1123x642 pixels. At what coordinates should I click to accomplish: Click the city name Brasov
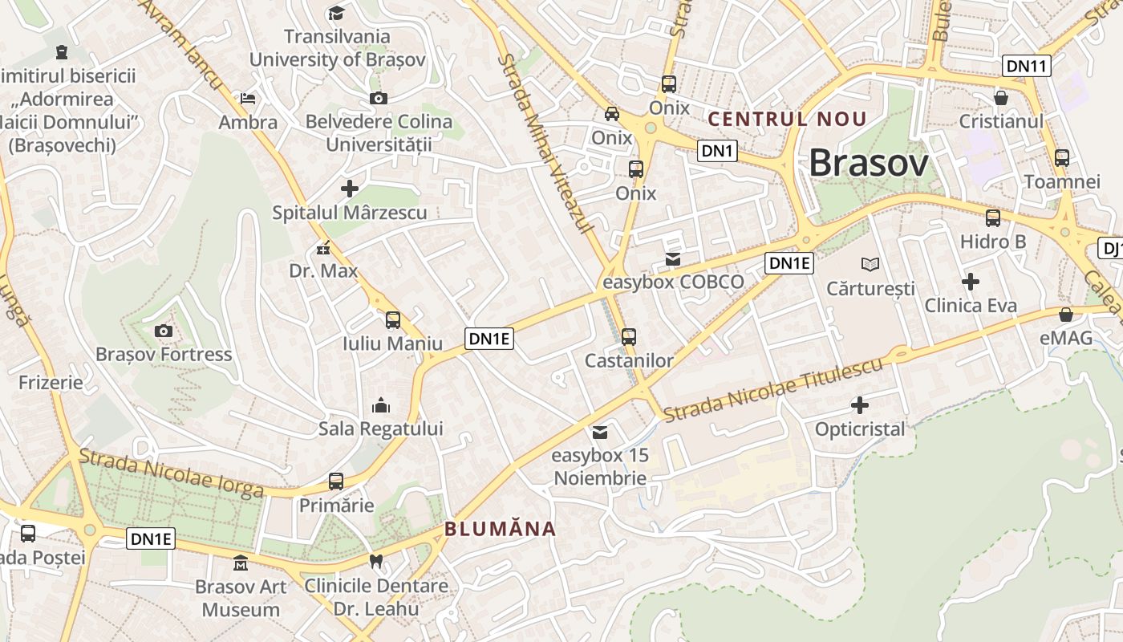coord(868,163)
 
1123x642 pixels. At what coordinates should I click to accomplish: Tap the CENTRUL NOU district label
coord(787,120)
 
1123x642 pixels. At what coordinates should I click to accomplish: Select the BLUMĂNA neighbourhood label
coord(500,528)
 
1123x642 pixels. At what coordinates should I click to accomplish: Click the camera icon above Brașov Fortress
coord(163,331)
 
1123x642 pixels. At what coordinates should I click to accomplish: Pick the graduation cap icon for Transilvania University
coord(336,13)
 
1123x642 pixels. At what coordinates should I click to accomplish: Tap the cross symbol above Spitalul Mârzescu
coord(350,189)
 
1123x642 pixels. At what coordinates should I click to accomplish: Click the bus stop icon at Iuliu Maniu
coord(393,320)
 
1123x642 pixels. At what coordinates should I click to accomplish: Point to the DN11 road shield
coord(1027,66)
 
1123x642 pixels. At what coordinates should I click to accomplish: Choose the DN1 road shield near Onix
coord(716,150)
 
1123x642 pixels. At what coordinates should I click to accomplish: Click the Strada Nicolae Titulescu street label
coord(773,389)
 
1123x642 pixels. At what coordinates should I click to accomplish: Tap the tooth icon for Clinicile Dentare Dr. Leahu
coord(375,561)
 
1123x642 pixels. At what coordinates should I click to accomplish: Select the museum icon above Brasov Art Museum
coord(241,563)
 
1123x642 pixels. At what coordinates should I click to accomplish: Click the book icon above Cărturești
coord(870,264)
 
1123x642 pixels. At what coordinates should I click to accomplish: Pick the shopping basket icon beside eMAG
coord(1066,314)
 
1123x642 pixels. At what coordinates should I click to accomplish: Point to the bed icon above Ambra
coord(249,99)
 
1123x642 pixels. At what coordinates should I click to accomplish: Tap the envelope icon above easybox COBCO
coord(673,259)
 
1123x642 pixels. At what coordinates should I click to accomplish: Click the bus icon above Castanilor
coord(629,336)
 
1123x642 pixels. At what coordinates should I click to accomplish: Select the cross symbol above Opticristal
coord(860,405)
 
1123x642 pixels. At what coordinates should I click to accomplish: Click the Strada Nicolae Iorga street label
coord(172,473)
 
